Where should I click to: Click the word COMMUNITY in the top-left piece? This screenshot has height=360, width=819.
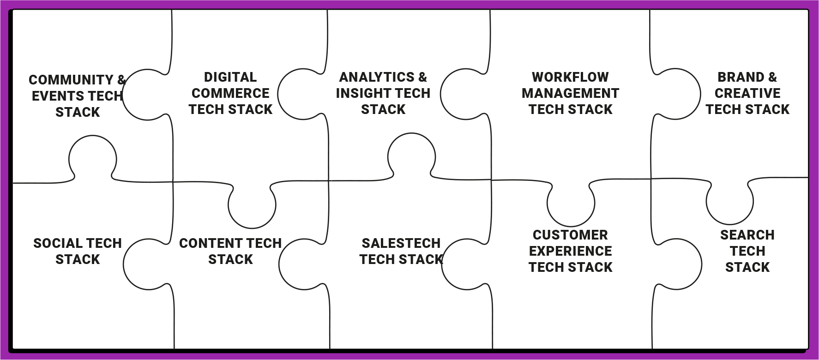coord(71,80)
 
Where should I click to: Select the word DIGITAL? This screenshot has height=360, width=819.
coord(230,77)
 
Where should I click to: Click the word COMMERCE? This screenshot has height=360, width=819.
coord(230,93)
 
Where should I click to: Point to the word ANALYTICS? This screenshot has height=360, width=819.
coord(377,77)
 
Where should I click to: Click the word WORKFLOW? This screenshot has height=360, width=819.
coord(570,77)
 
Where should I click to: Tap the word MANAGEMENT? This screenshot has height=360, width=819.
coord(570,93)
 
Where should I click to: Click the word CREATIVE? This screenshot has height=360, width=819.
coord(747,93)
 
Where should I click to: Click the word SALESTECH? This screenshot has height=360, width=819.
coord(401,243)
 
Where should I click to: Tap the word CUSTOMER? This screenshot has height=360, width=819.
coord(570,235)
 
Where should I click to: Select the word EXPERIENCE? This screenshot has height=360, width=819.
coord(570,251)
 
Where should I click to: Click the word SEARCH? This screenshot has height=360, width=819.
coord(747,235)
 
